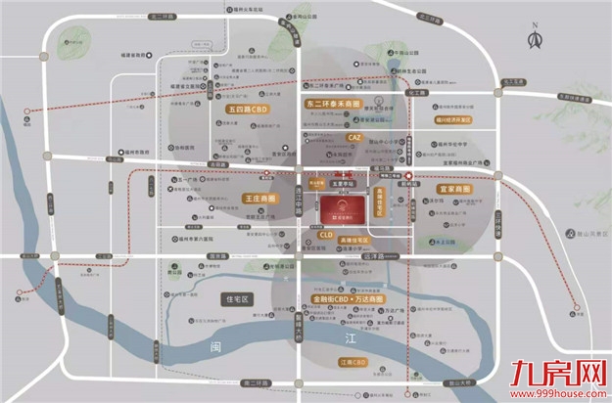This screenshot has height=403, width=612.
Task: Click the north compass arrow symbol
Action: pos(535,39)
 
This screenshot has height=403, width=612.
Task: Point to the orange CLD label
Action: pos(326,236)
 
